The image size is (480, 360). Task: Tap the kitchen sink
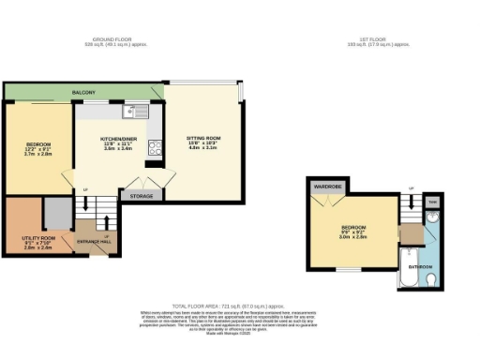coord(129,112)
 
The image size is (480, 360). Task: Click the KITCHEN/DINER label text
coord(119,139)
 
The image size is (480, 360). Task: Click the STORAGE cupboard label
coord(142,196)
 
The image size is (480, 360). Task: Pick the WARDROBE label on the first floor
coord(327,187)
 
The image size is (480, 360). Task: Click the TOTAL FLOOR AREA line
coord(240,306)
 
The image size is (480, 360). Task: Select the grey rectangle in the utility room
coord(57,215)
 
